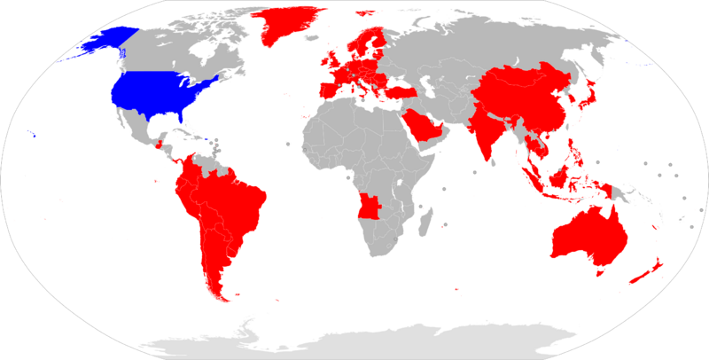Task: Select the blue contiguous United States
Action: [160, 89]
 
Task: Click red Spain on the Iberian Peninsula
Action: [329, 91]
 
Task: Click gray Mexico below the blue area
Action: [133, 124]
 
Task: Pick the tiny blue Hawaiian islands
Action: [33, 135]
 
